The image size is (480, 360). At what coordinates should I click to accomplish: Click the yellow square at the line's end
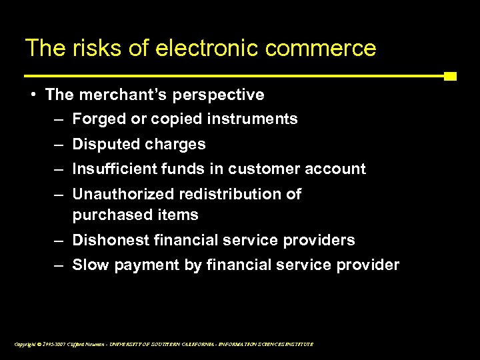450,76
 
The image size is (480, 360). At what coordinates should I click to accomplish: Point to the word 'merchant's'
121,95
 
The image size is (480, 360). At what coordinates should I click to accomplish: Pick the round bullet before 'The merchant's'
33,95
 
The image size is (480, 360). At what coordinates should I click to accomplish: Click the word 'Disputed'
103,144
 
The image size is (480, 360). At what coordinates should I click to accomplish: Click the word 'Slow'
90,265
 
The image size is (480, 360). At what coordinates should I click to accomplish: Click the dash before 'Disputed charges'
59,144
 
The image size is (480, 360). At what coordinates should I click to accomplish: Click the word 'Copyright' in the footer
25,344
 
